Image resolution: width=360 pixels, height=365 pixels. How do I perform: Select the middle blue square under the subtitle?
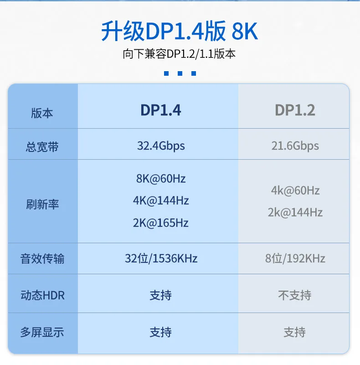pyautogui.click(x=180, y=73)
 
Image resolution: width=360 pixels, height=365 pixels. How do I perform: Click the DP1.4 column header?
pyautogui.click(x=160, y=110)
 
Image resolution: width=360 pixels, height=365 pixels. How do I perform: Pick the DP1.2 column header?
pyautogui.click(x=295, y=110)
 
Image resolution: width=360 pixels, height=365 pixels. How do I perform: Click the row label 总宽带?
pyautogui.click(x=42, y=147)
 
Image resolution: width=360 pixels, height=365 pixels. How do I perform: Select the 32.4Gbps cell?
pyautogui.click(x=161, y=146)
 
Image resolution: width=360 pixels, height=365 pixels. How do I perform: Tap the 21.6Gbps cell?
pyautogui.click(x=295, y=146)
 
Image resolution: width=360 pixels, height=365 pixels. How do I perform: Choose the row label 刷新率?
pyautogui.click(x=42, y=204)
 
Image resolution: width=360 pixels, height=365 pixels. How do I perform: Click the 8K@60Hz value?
pyautogui.click(x=161, y=178)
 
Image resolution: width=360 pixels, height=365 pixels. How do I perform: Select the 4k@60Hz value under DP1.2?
pyautogui.click(x=295, y=191)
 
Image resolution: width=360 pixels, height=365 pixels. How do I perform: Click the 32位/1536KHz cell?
pyautogui.click(x=161, y=259)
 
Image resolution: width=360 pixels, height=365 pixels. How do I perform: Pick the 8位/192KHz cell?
pyautogui.click(x=295, y=259)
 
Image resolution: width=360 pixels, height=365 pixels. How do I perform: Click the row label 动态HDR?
pyautogui.click(x=42, y=296)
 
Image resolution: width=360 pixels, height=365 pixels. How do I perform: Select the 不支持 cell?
pyautogui.click(x=294, y=296)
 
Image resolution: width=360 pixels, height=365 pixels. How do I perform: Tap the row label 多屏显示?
pyautogui.click(x=42, y=333)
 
